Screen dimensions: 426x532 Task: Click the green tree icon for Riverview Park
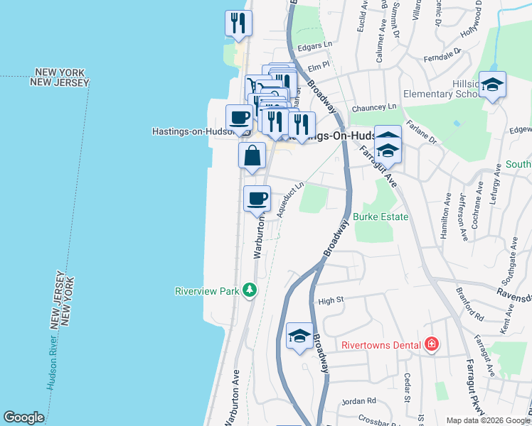pos(249,290)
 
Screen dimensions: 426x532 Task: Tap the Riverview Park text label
pos(207,291)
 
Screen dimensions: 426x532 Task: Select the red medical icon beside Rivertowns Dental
pos(431,346)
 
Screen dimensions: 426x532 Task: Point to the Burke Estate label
pos(381,217)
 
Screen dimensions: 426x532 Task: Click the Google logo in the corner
pos(23,417)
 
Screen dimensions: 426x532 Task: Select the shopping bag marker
pos(252,155)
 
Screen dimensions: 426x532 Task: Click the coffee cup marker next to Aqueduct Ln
pos(257,198)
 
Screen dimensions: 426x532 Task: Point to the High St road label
pos(331,300)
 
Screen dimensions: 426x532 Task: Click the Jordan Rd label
pos(352,401)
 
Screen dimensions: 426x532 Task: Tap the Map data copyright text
pos(488,420)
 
